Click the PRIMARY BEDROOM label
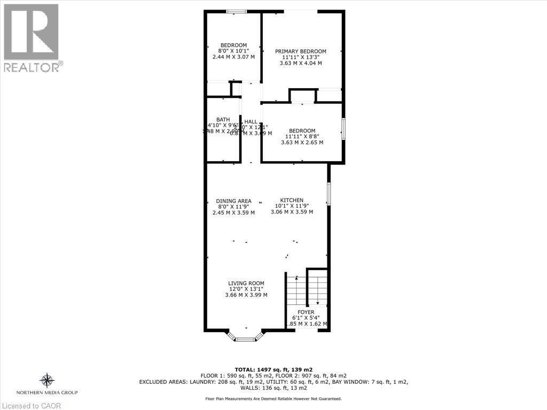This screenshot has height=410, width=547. coord(301,51)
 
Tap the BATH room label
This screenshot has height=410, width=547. coord(223,119)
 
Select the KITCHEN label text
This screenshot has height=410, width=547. coord(292,200)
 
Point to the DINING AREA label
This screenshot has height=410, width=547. coord(233,201)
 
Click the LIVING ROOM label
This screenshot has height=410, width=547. coord(246,283)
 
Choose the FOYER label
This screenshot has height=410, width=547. coord(306,312)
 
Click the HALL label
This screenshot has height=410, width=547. coord(251,122)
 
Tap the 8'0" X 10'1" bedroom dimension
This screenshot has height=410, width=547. coord(233,51)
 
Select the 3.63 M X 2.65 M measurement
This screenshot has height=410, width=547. coord(302,143)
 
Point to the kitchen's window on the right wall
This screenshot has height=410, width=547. coord(329,194)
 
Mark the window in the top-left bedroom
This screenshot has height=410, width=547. coord(236,11)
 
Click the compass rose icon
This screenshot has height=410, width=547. coord(47,381)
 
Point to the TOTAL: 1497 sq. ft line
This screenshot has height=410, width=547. coord(273,369)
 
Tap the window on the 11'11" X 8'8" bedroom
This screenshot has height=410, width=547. coord(343,129)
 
